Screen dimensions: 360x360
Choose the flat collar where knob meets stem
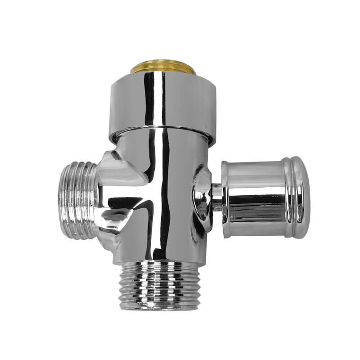pos(225,198)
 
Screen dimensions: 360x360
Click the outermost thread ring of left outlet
pos(63,200)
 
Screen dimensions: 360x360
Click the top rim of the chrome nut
pos(163,76)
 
